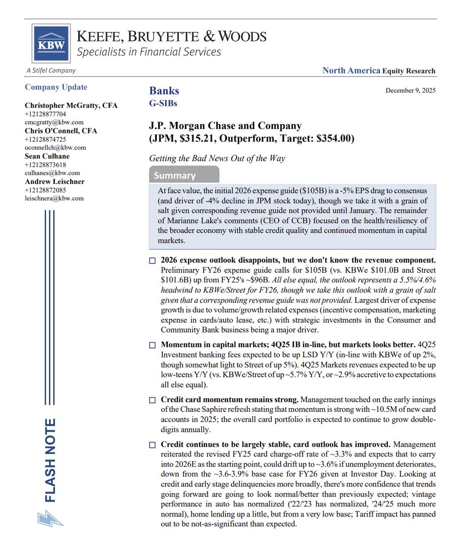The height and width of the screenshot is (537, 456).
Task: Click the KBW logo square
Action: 51,43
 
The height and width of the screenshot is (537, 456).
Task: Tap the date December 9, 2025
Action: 410,90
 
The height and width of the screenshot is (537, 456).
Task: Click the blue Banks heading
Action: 164,91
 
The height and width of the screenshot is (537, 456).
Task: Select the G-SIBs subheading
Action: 163,103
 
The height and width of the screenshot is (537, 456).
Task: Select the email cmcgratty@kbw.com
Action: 54,122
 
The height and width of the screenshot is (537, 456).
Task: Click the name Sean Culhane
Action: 47,156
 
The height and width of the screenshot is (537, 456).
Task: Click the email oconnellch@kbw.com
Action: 55,148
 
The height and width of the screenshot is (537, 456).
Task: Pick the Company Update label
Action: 56,87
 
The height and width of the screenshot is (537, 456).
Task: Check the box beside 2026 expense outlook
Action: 152,260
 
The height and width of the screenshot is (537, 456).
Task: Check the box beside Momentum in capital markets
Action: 152,345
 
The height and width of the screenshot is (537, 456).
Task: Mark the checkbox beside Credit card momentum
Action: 152,400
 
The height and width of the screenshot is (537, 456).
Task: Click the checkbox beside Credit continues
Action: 152,445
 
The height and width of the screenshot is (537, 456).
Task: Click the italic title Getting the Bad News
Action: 217,158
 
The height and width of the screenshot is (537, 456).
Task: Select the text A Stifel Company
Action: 51,70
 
